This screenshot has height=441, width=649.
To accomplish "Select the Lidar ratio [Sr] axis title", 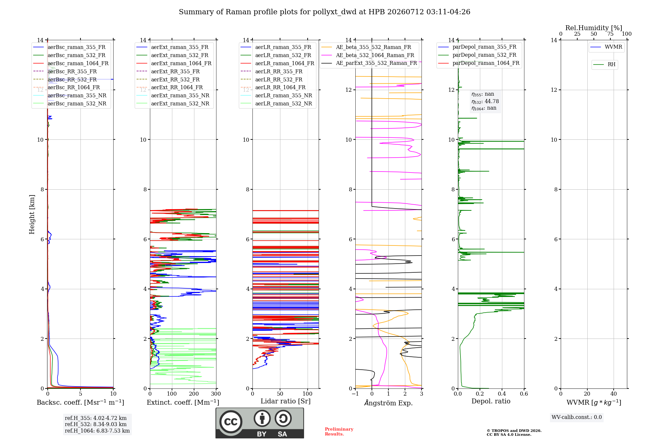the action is [286, 401].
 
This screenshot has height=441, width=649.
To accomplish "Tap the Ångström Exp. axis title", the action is [388, 403].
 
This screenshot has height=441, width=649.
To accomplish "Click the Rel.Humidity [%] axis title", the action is [594, 28].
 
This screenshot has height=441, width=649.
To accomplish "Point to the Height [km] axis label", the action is [32, 214].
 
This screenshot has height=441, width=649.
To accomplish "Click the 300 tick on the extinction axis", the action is [216, 394].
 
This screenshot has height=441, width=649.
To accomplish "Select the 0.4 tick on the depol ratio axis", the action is [502, 394].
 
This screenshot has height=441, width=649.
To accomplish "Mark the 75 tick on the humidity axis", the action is [610, 34].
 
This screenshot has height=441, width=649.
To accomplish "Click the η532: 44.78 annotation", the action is [485, 101].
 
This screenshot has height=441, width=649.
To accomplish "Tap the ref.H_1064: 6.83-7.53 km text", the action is [97, 431].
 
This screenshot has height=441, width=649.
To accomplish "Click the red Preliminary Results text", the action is [339, 432].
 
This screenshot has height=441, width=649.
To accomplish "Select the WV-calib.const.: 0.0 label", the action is [577, 417].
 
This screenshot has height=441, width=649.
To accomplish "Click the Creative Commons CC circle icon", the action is [231, 422].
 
